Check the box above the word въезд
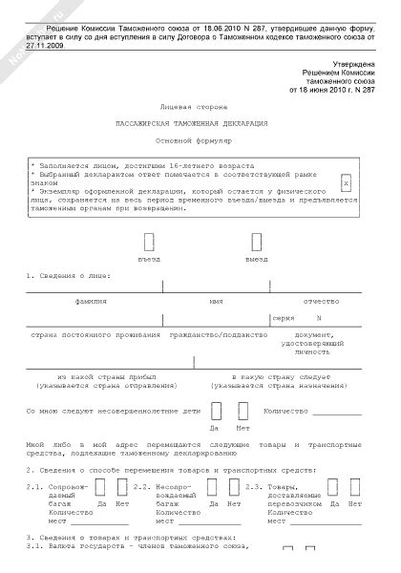149,243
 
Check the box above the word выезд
256,243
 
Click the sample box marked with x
347,180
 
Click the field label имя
216,300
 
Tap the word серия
284,316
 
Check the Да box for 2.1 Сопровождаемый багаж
98,486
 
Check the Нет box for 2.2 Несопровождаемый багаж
233,486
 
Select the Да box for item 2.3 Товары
330,486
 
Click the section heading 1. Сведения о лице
68,276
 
